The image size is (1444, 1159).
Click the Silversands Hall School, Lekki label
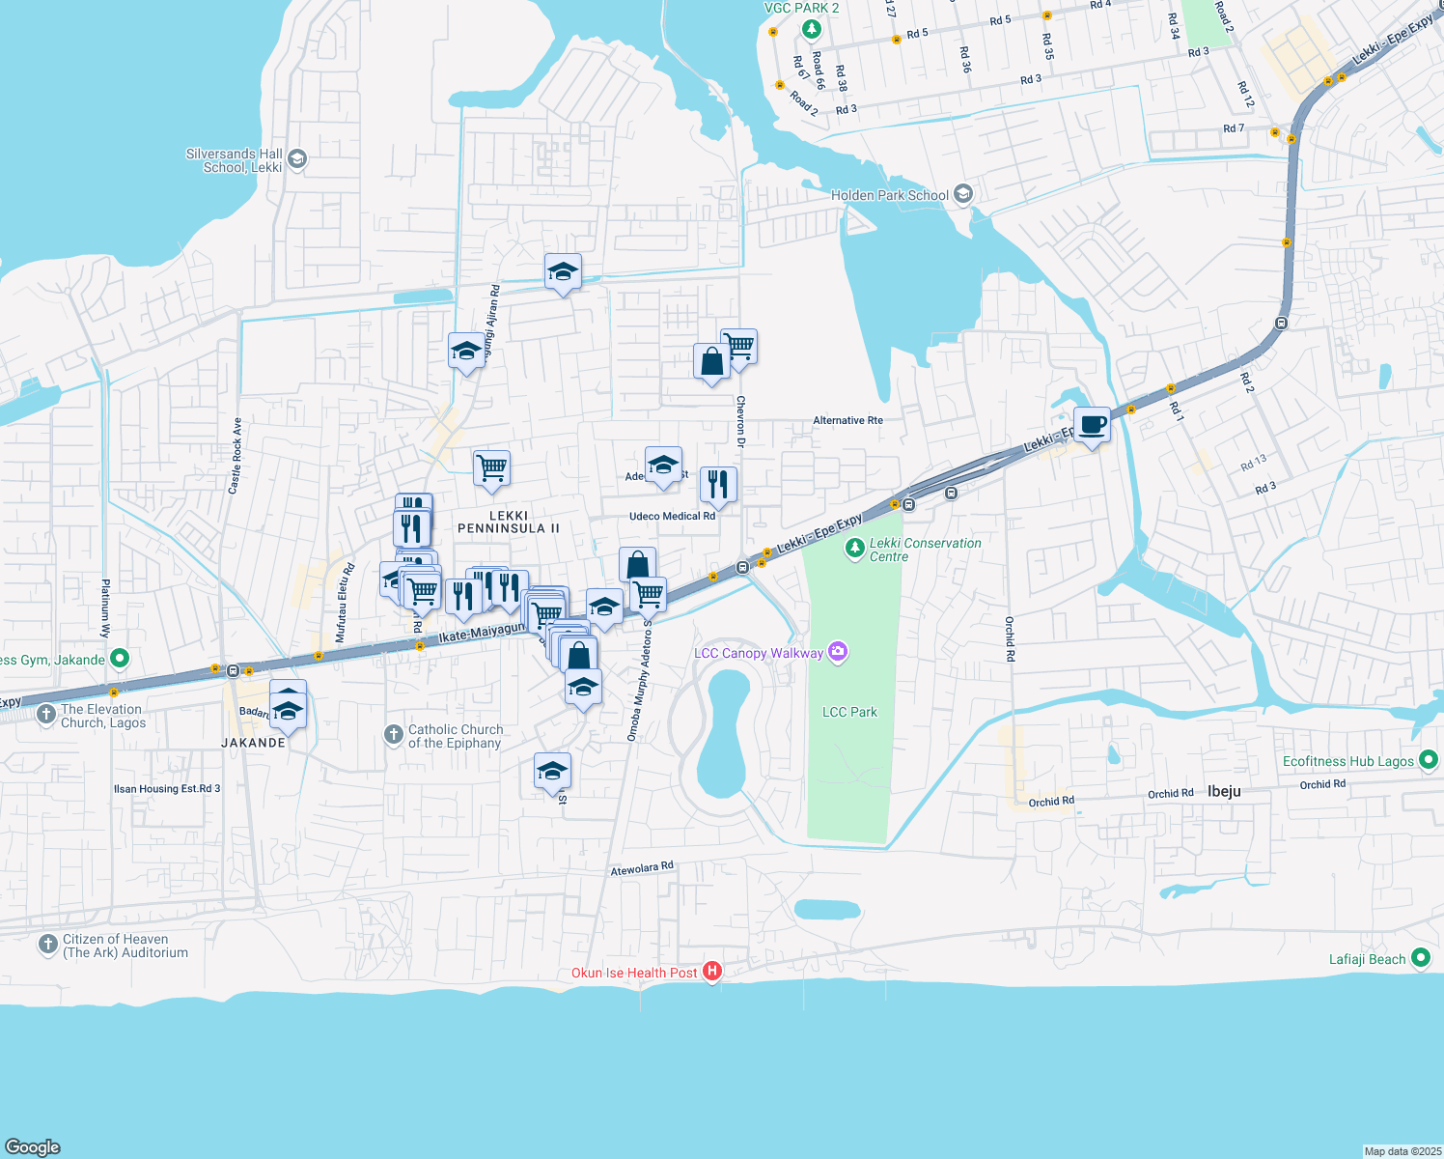pyautogui.click(x=235, y=160)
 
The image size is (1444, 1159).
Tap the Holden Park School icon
pyautogui.click(x=962, y=194)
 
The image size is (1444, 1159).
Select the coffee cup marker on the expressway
pyautogui.click(x=1092, y=425)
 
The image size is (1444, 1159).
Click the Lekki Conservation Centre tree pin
pyautogui.click(x=854, y=549)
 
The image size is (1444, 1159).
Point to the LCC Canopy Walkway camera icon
pyautogui.click(x=838, y=653)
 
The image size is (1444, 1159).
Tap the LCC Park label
pyautogui.click(x=849, y=712)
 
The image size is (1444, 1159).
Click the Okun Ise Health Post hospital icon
pyautogui.click(x=712, y=972)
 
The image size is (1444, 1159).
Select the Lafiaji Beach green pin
pyautogui.click(x=1420, y=958)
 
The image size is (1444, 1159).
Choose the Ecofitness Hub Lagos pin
pyautogui.click(x=1429, y=760)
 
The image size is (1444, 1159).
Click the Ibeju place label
pyautogui.click(x=1224, y=791)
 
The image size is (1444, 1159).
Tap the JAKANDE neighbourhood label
pyautogui.click(x=254, y=743)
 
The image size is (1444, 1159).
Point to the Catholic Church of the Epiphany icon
pyautogui.click(x=393, y=735)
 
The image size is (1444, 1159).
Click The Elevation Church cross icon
pyautogui.click(x=46, y=715)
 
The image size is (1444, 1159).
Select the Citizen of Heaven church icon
pyautogui.click(x=48, y=945)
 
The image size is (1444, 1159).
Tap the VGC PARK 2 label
pyautogui.click(x=801, y=8)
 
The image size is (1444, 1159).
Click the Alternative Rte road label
pyautogui.click(x=847, y=420)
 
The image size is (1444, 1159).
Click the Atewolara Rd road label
pyautogui.click(x=642, y=869)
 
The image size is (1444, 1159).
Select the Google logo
pyautogui.click(x=32, y=1146)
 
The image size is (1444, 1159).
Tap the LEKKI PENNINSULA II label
pyautogui.click(x=509, y=523)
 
